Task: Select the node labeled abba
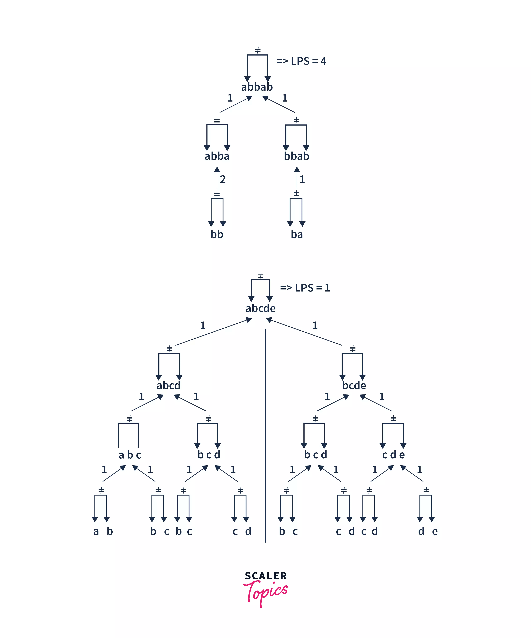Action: [x=217, y=156]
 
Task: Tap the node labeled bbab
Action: [x=296, y=156]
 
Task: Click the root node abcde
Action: [x=260, y=308]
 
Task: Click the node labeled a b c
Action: [x=130, y=455]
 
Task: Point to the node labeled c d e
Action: [x=393, y=455]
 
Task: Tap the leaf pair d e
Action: [x=428, y=531]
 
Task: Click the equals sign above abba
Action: [x=217, y=121]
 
